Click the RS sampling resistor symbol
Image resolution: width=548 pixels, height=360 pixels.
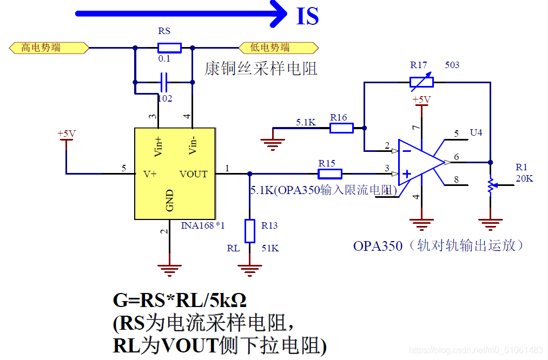tap(169, 48)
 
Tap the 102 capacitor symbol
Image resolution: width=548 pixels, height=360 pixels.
tap(163, 82)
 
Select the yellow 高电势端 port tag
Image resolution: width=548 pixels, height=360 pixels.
tap(49, 48)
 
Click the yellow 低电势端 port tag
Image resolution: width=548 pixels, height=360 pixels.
tap(279, 48)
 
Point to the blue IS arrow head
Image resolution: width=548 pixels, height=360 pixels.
tap(279, 14)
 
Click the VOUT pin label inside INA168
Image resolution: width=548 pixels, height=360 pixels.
tap(193, 174)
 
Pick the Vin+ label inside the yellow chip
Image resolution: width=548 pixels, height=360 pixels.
tap(158, 146)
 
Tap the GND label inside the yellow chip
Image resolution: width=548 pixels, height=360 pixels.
tap(169, 201)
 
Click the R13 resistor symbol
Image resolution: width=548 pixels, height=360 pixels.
tap(249, 231)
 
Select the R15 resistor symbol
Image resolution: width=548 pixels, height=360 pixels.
tap(329, 174)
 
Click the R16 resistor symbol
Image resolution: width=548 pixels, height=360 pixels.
tap(341, 128)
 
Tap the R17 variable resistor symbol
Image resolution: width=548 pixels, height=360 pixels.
tap(421, 82)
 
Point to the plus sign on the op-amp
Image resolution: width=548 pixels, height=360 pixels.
tap(407, 174)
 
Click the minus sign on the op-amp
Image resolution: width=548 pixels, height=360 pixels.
tap(407, 151)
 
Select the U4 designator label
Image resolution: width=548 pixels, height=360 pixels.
tap(476, 132)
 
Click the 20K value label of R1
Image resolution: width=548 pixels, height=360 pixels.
tap(524, 178)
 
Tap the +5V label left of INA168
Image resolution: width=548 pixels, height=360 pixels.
tap(67, 134)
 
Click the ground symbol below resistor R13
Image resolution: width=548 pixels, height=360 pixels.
tap(249, 270)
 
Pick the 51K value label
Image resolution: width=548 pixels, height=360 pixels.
tap(270, 248)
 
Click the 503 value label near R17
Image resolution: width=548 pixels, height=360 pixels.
tap(452, 65)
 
